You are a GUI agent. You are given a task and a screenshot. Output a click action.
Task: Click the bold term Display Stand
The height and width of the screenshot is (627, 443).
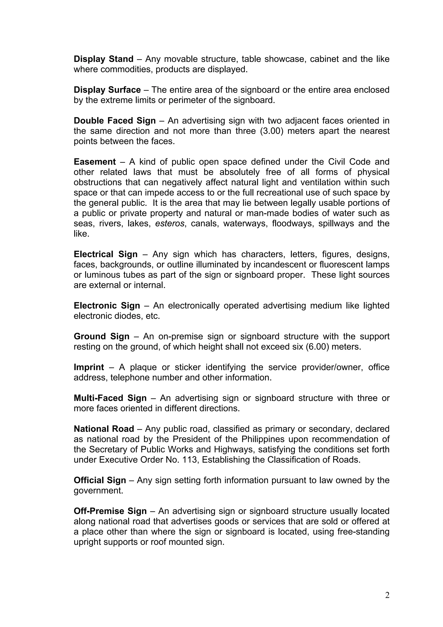coord(103,59)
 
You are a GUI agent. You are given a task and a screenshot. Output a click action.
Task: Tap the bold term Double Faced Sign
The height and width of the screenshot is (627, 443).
coord(115,121)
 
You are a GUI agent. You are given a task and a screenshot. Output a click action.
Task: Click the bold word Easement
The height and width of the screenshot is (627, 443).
coord(95,162)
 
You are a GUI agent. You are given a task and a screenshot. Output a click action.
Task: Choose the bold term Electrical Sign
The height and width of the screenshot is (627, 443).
coord(105,254)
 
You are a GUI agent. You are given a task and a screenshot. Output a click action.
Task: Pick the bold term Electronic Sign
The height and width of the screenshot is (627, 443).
coord(107,305)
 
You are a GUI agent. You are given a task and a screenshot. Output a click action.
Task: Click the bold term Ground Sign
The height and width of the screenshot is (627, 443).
coord(101,336)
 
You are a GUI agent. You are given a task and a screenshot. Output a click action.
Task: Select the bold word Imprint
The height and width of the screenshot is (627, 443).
coord(89,367)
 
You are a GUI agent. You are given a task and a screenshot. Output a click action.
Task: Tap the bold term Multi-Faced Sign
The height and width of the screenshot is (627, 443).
coord(110,398)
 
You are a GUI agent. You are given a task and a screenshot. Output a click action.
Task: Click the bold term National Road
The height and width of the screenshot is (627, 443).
coord(104,429)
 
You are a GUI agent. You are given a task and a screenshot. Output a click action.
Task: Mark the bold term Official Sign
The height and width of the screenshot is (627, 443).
coord(100,480)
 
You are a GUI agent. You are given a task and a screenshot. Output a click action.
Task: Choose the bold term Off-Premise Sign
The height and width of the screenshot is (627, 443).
coord(110,511)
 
